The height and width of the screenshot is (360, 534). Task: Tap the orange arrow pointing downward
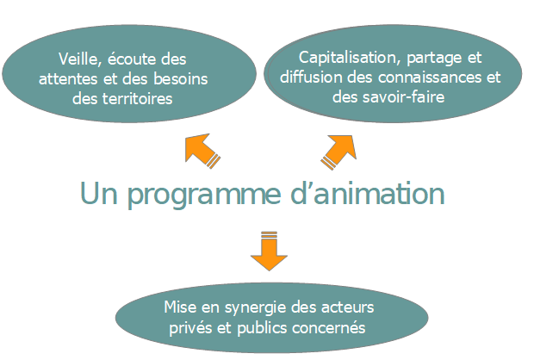click(x=269, y=248)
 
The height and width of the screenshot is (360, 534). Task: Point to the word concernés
click(x=333, y=327)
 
